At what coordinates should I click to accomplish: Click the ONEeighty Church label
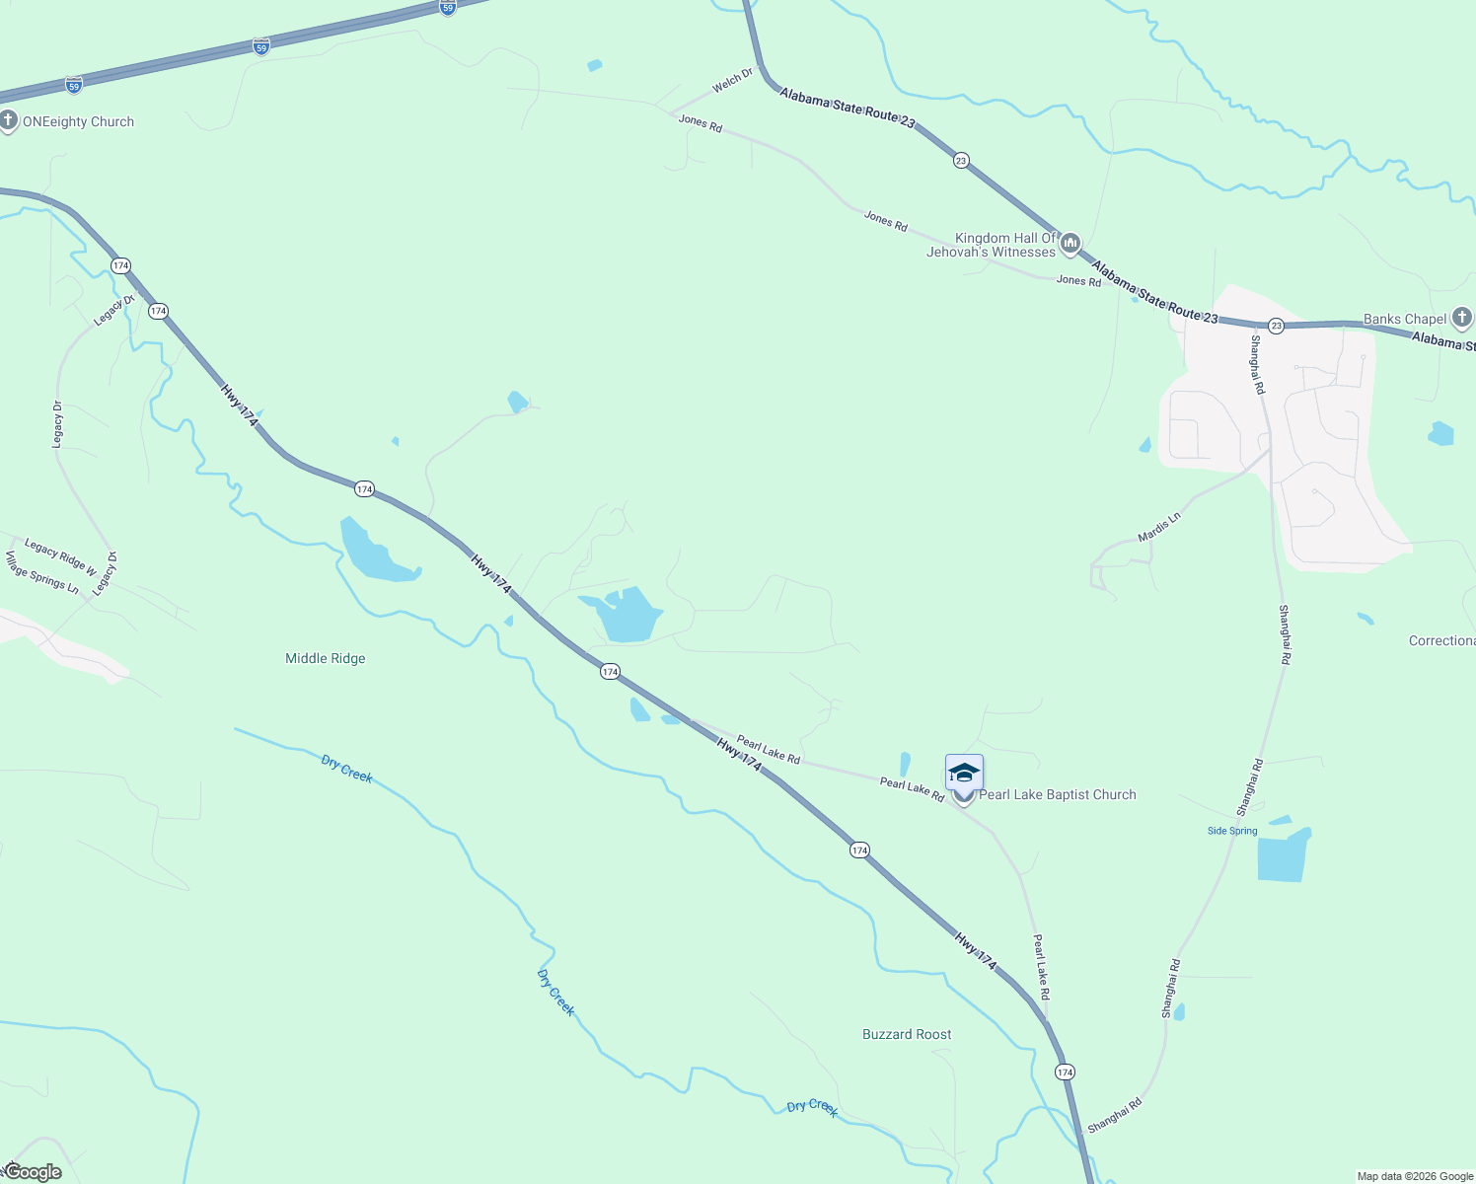point(78,122)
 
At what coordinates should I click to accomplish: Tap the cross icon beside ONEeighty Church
point(8,121)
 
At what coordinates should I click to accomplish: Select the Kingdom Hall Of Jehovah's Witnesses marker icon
point(1070,244)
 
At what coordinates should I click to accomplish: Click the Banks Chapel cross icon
point(1462,318)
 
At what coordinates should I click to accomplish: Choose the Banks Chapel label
point(1405,319)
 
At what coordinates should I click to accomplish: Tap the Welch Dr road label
point(733,80)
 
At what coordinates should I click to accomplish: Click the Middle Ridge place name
point(326,658)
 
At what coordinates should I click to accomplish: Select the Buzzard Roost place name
point(907,1034)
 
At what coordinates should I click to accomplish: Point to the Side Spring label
point(1232,831)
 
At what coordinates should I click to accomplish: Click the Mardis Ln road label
point(1159,527)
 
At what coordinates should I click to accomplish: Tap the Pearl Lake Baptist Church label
point(1057,794)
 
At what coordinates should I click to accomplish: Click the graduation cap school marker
point(964,773)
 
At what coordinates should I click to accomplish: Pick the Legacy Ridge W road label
point(60,556)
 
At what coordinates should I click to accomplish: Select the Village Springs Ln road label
point(42,572)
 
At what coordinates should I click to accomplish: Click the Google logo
point(33,1172)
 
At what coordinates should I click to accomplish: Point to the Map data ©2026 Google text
point(1415,1176)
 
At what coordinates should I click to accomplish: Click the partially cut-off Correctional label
point(1441,640)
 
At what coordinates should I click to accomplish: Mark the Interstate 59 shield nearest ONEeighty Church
point(74,86)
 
